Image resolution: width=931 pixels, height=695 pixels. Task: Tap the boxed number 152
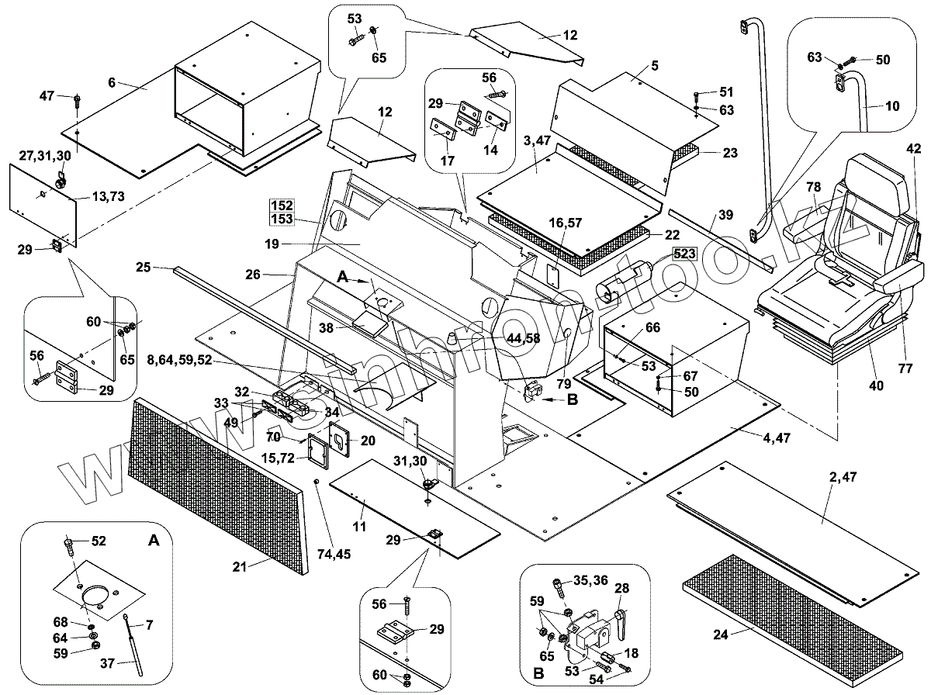tap(282, 206)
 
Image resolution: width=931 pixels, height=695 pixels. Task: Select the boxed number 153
tap(282, 220)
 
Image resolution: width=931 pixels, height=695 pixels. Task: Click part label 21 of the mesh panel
tap(239, 567)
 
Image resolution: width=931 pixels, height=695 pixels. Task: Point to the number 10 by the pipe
tap(872, 105)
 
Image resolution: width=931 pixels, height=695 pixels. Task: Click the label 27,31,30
tap(46, 155)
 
